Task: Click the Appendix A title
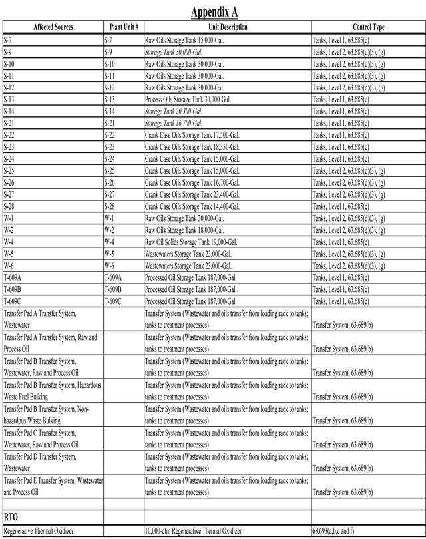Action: (214, 12)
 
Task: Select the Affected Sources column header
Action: (51, 27)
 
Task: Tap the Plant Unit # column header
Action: (123, 27)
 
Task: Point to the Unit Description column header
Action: (227, 27)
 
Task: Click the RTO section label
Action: (12, 516)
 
